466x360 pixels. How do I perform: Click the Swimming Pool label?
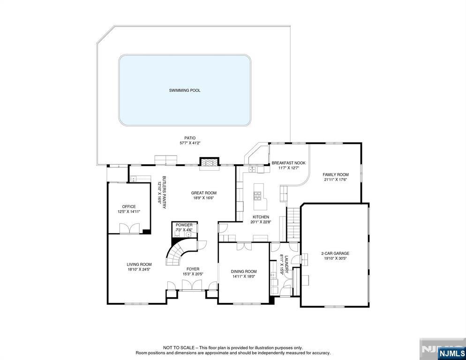(185, 90)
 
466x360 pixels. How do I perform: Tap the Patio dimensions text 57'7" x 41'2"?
(190, 143)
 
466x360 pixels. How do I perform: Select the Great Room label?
(203, 193)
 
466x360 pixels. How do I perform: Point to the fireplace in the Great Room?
(209, 162)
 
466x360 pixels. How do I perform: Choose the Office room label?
(129, 206)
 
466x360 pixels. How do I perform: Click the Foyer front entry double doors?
(192, 285)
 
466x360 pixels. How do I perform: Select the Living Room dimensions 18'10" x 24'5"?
(139, 270)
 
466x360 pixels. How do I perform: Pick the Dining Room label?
(244, 271)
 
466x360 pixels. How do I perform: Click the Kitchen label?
(261, 217)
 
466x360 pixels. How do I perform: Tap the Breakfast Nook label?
(288, 163)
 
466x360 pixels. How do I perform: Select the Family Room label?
(336, 174)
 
